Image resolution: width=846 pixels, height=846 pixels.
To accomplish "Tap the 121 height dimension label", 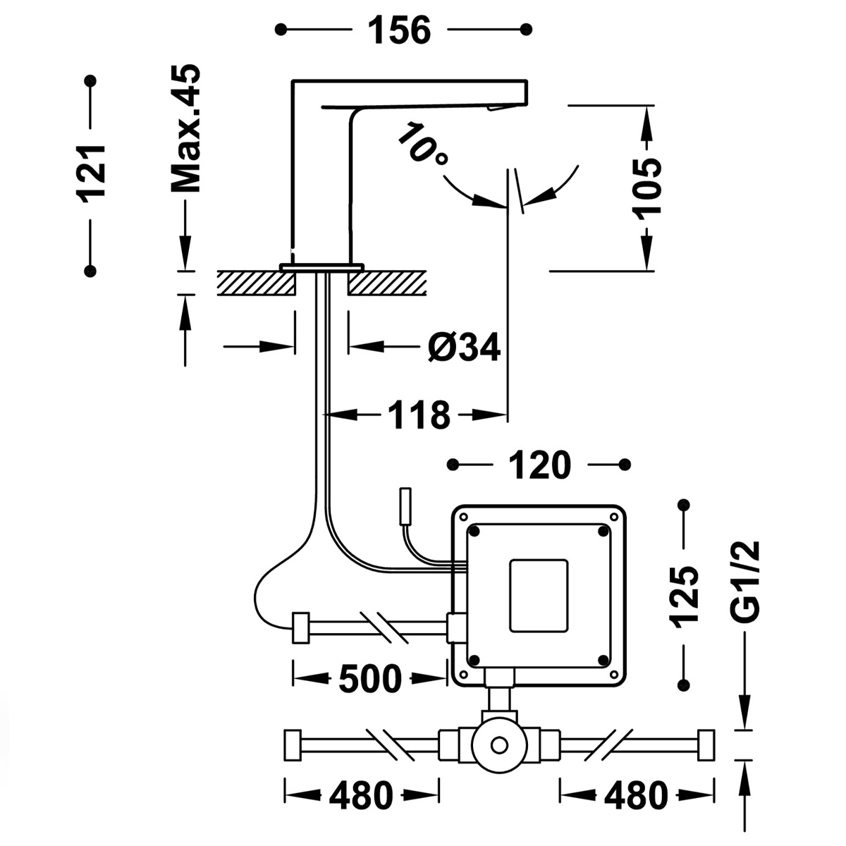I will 91,173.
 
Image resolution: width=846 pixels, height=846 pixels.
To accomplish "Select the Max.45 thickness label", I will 186,128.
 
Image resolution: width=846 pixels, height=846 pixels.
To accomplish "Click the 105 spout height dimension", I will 646,187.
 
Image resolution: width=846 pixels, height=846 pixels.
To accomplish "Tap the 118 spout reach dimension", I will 418,415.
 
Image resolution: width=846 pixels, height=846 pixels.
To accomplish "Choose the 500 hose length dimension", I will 369,679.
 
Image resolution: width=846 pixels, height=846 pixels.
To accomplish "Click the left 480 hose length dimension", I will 360,796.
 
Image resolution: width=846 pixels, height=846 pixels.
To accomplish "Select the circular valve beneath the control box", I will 499,745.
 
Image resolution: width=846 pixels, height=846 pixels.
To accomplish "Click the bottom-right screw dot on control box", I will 603,660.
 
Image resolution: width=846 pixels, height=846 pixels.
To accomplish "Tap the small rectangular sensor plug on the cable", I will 406,505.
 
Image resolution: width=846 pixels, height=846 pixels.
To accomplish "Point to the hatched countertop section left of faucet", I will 255,283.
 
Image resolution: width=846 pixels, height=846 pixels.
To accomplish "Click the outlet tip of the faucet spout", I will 501,107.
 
